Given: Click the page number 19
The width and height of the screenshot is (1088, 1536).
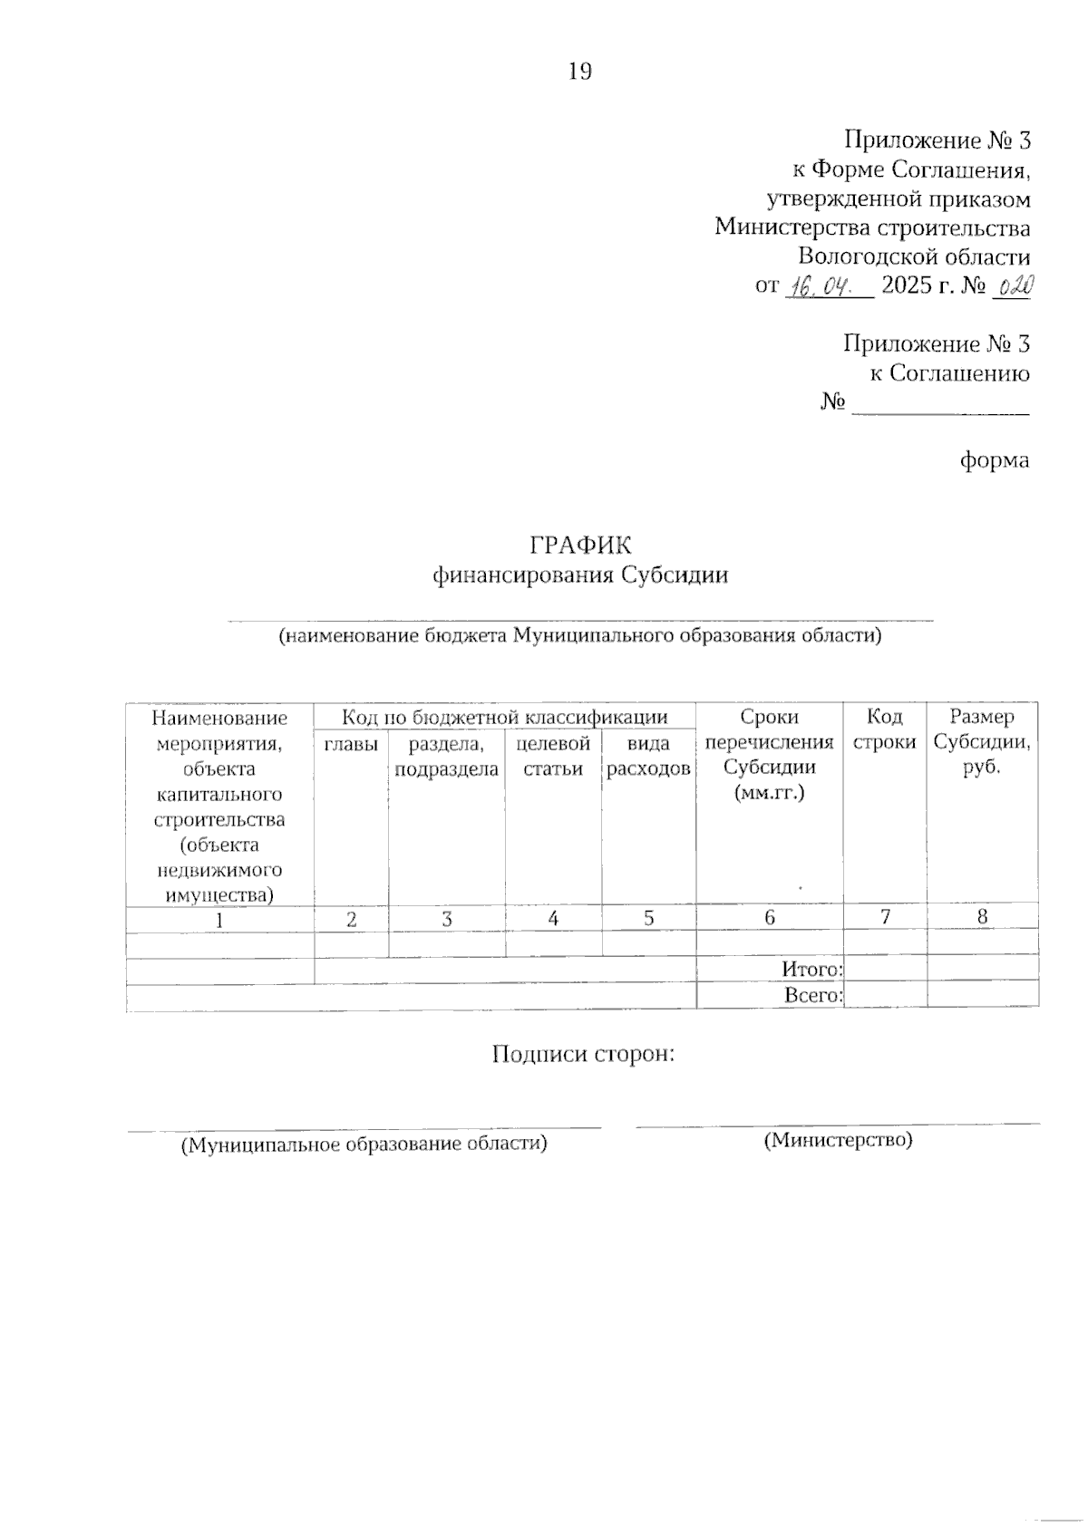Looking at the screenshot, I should [579, 72].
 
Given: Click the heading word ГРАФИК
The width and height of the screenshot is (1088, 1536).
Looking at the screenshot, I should [579, 545].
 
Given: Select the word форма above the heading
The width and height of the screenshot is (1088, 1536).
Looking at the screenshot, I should [995, 460].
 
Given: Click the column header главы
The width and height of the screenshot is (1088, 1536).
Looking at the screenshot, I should [351, 745].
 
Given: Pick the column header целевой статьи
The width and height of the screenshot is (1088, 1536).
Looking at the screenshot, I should [553, 757].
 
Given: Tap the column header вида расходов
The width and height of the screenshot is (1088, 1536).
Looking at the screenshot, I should [648, 757].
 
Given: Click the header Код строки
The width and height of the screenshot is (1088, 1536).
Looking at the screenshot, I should [884, 729].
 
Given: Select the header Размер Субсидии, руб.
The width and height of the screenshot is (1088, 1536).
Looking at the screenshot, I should [982, 742].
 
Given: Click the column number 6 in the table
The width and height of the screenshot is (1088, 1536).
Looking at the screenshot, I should [769, 917].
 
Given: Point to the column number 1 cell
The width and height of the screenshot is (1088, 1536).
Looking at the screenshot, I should [219, 918].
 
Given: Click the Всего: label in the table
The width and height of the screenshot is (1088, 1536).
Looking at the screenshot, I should [813, 995].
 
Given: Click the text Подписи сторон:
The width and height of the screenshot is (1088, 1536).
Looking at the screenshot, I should [584, 1054].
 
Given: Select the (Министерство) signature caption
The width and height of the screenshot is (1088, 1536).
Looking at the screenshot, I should [838, 1139].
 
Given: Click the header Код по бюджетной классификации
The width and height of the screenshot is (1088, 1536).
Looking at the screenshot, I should [504, 717].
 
